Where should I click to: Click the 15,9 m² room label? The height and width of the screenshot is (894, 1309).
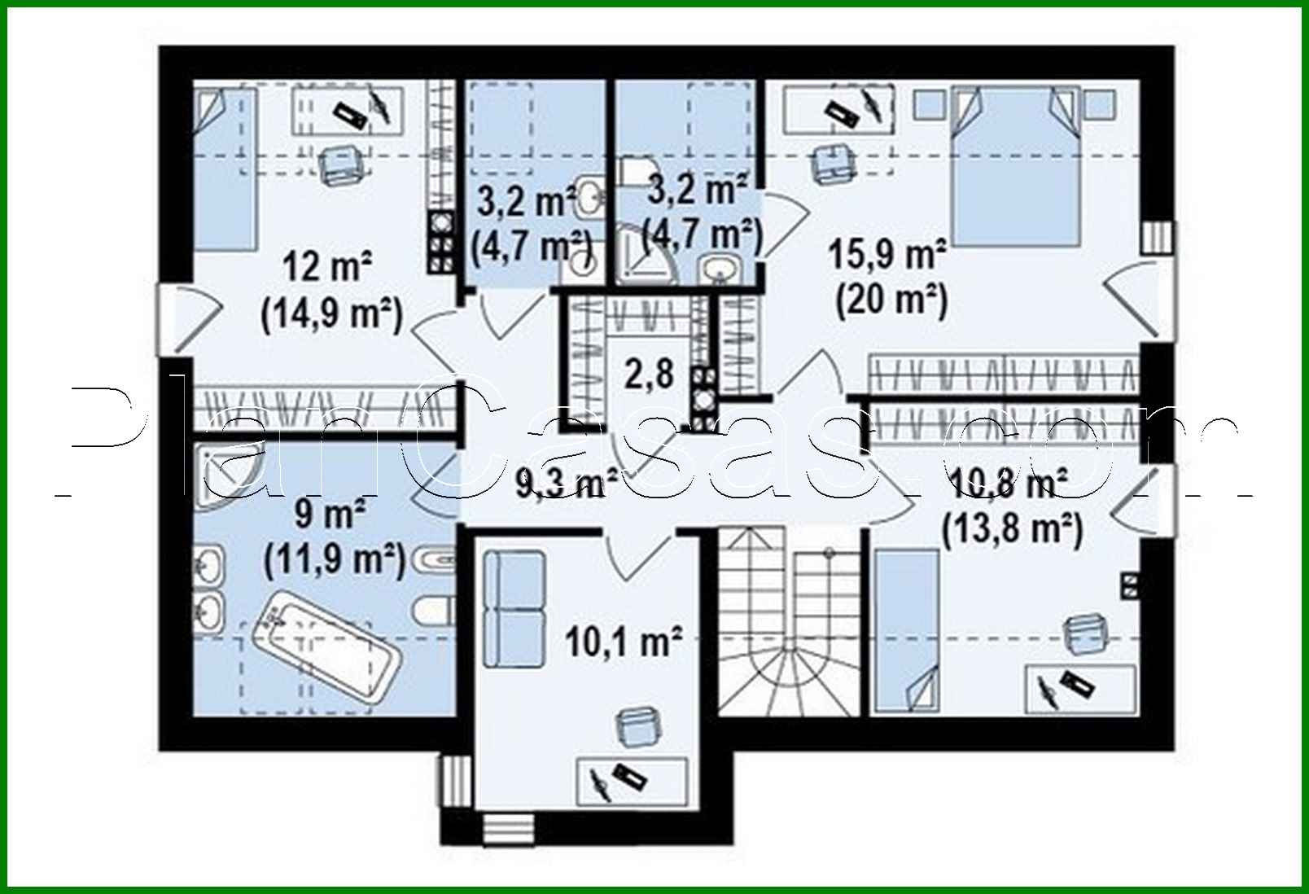(x=887, y=254)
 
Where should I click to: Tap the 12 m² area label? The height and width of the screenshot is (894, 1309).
(x=328, y=266)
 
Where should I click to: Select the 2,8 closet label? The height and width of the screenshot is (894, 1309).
(x=649, y=374)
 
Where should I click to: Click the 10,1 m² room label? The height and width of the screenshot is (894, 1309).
(x=623, y=642)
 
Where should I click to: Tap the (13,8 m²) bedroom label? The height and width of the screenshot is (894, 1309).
(x=1012, y=530)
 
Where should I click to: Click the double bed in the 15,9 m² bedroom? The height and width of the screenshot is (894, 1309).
(x=1017, y=167)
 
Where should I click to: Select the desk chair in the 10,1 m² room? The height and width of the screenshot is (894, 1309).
(x=638, y=725)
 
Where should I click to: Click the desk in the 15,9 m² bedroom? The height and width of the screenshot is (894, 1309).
(x=838, y=109)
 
